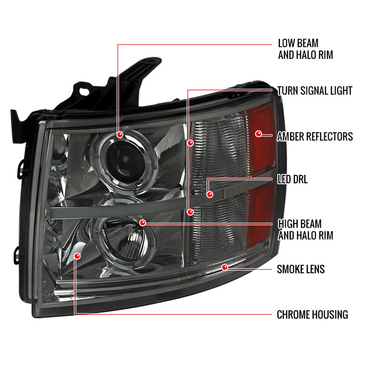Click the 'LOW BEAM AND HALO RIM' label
pyautogui.click(x=305, y=49)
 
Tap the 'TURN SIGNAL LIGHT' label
pyautogui.click(x=315, y=90)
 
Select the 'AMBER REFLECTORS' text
pyautogui.click(x=315, y=136)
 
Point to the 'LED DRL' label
pyautogui.click(x=293, y=179)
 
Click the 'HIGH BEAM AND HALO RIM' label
pyautogui.click(x=306, y=230)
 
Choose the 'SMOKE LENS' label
pyautogui.click(x=301, y=269)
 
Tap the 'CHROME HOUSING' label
pyautogui.click(x=312, y=315)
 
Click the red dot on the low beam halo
pyautogui.click(x=120, y=134)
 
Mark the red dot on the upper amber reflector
pyautogui.click(x=259, y=134)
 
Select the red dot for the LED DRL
pyautogui.click(x=210, y=194)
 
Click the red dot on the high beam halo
pyautogui.click(x=142, y=223)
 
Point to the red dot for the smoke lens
pyautogui.click(x=224, y=268)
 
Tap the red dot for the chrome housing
pyautogui.click(x=77, y=256)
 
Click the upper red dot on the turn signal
pyautogui.click(x=191, y=143)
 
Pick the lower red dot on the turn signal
pyautogui.click(x=190, y=212)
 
